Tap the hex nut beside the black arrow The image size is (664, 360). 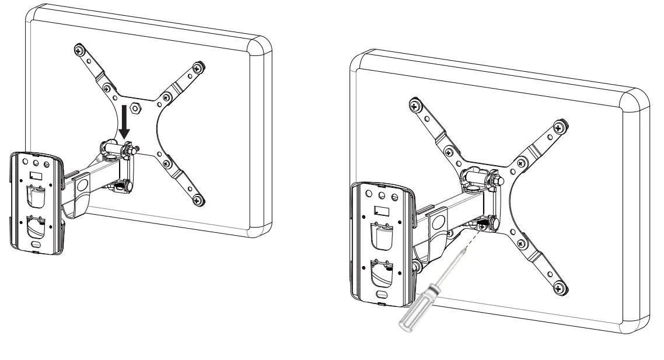(x=134, y=107)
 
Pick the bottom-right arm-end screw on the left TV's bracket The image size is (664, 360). (x=200, y=202)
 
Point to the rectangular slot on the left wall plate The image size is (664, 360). (x=36, y=176)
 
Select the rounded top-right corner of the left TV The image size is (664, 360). (x=260, y=46)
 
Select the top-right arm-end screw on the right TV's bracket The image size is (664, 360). (x=559, y=125)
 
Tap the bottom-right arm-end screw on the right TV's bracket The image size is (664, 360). (x=559, y=286)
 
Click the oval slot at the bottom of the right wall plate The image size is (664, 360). (x=380, y=295)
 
